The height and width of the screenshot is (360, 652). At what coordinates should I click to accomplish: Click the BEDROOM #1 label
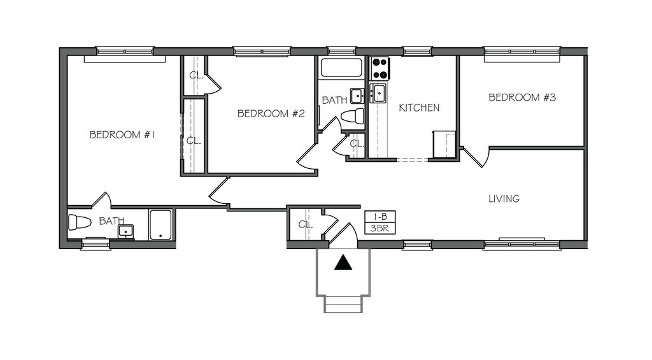coord(123,135)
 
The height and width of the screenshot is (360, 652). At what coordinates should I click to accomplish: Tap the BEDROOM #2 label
coord(271,114)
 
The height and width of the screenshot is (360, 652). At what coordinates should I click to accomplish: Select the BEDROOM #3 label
coord(522,98)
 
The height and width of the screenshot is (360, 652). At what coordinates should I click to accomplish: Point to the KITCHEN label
coord(418,108)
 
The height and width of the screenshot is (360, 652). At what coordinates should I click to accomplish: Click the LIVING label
coord(504,199)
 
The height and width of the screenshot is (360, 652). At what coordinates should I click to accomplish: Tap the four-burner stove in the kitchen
coord(380,67)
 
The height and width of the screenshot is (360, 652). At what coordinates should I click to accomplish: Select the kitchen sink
coord(379,93)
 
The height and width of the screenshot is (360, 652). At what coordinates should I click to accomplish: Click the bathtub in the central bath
coord(341,68)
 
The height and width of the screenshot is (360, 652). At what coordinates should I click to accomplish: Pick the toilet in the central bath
coord(352,117)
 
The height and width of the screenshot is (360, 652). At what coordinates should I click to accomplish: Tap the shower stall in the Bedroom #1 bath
coord(160,225)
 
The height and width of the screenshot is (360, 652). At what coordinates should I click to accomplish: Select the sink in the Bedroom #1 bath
coord(125,231)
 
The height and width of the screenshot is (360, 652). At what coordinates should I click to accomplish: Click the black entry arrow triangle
coord(343,263)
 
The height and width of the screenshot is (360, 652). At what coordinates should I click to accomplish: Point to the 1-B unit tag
coord(376,217)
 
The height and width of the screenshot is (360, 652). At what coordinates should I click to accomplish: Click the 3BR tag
coord(376,227)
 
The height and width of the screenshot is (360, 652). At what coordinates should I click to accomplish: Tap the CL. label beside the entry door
coord(305,224)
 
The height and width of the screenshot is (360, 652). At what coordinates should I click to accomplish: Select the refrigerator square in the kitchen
coord(444,144)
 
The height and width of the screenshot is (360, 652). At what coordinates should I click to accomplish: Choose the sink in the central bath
coord(357,96)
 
